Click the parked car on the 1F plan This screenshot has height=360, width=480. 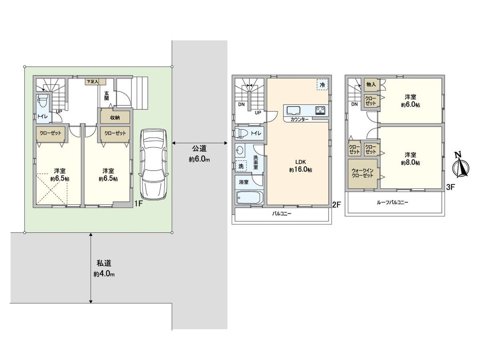[153, 165]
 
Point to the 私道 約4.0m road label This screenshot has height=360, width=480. [104, 269]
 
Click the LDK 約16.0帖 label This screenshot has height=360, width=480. [300, 166]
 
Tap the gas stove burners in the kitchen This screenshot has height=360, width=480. [320, 110]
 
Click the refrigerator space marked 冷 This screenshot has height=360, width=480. [320, 84]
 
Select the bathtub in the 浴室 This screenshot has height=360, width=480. [250, 197]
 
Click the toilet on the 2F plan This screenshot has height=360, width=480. [243, 133]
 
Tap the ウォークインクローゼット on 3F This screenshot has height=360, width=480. [362, 173]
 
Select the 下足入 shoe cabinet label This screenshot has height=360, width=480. [92, 82]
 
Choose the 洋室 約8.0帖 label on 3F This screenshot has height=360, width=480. [410, 159]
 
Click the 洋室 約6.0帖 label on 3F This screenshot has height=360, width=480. [410, 101]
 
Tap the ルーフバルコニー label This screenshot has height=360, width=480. [392, 202]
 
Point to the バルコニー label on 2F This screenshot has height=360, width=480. [282, 214]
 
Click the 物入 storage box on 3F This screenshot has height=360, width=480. [371, 84]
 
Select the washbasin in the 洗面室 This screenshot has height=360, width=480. [240, 150]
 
